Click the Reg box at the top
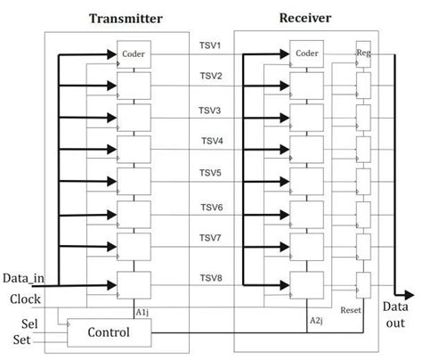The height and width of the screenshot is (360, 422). (363, 52)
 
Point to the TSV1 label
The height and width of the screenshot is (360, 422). (210, 45)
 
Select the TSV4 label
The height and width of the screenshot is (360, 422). (210, 141)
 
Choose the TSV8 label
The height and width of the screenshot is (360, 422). (210, 278)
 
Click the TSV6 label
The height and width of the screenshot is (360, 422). (210, 207)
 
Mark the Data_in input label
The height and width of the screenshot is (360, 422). (28, 281)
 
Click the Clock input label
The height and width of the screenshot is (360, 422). (27, 299)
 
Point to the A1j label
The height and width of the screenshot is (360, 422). (141, 312)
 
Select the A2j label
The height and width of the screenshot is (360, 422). (315, 319)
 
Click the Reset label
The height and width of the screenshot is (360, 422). (351, 312)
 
